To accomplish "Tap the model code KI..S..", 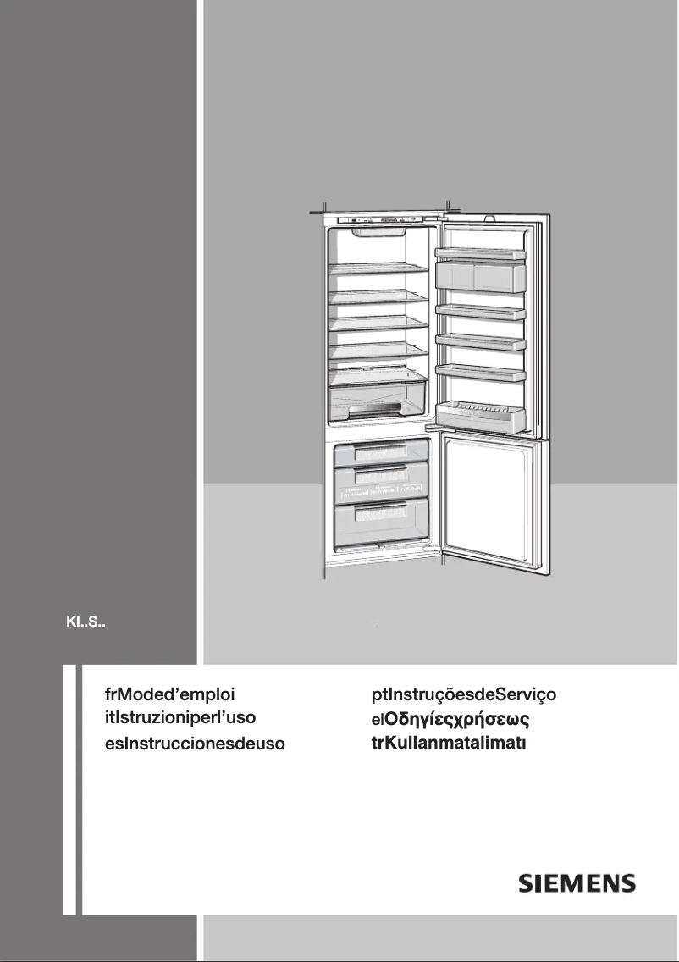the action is click(x=85, y=627).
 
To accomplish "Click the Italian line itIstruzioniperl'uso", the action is click(x=174, y=718).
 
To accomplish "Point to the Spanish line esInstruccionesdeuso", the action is click(x=190, y=744).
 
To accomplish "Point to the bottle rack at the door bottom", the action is click(x=480, y=413).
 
